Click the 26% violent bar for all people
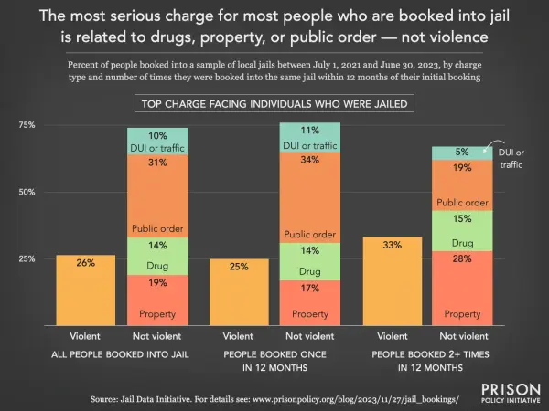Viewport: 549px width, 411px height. tap(86, 290)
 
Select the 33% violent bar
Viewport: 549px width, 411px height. tap(393, 281)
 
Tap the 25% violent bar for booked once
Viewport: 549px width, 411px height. tap(239, 292)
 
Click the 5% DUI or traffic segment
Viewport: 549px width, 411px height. tap(462, 153)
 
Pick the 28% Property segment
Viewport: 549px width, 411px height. tap(462, 289)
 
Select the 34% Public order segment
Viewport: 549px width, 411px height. tap(310, 197)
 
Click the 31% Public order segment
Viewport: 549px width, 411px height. tap(157, 196)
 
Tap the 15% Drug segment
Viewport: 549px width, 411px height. tap(462, 231)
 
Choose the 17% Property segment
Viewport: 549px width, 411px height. tap(310, 303)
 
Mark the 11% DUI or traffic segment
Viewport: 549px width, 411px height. tap(310, 137)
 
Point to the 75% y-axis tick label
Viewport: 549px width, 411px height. tap(27, 125)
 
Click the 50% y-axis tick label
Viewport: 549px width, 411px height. tap(27, 192)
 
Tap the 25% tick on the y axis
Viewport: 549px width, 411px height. tap(27, 259)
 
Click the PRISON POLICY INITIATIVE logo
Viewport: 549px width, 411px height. tap(511, 393)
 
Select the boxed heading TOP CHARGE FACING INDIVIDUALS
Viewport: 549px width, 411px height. tap(274, 103)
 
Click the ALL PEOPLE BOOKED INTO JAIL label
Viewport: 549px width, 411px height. tap(120, 354)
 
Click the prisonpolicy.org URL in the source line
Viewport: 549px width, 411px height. tap(355, 399)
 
